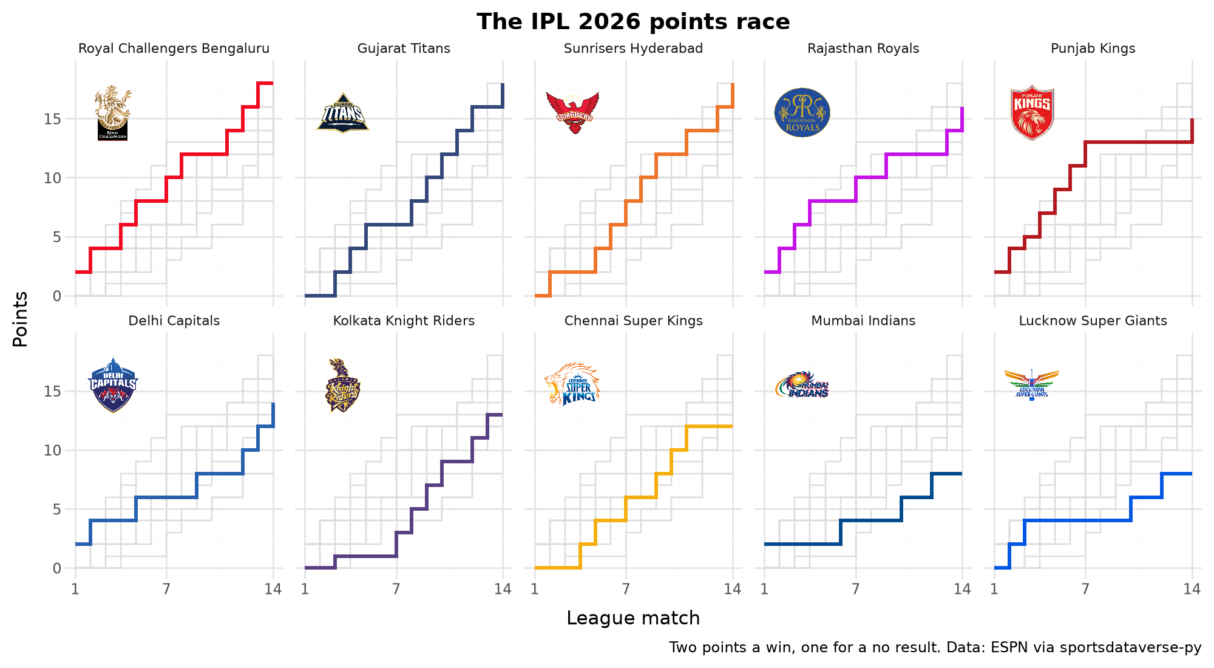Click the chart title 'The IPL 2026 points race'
coord(633,22)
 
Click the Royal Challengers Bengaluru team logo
coord(113,113)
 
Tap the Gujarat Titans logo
coord(343,113)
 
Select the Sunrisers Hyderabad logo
coord(572,113)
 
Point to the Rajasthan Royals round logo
coord(802,113)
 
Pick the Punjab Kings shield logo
coord(1032,113)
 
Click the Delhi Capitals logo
coord(113,385)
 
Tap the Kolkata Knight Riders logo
coord(343,385)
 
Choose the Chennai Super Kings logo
coord(572,385)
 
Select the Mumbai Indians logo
coord(802,385)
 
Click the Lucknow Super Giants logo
coord(1032,385)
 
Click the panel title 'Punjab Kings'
coord(1093,49)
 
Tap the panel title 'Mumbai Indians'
coord(863,321)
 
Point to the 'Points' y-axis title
coord(21,319)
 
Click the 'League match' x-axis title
coord(633,618)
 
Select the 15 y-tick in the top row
coord(53,119)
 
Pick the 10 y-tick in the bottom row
coord(53,451)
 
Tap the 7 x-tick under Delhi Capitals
coord(166,588)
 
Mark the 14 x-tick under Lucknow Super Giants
coord(1192,588)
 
